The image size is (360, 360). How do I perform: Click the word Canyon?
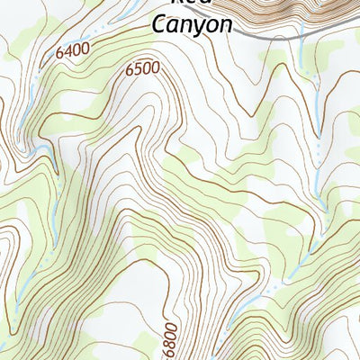pos(192,24)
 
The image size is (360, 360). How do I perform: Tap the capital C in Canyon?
pos(158,23)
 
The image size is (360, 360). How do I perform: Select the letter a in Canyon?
pos(173,25)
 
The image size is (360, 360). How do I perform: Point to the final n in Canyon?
pos(225,25)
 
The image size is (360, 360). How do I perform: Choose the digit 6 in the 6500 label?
pos(130,68)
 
